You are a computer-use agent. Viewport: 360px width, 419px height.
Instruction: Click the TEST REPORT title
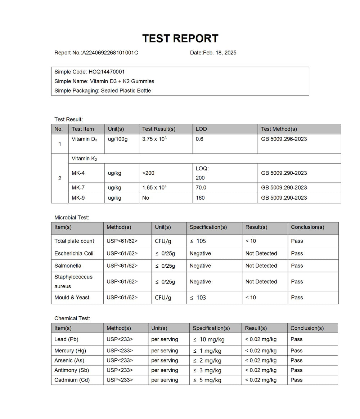pos(180,39)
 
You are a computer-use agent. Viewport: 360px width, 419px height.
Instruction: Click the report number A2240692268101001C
pos(110,53)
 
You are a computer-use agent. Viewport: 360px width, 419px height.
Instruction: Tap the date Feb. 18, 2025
pos(220,53)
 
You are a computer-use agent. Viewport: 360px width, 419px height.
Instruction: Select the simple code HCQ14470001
pos(107,72)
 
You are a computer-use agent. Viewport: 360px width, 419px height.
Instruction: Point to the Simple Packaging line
pos(103,90)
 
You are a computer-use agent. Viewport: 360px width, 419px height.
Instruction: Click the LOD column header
pos(201,129)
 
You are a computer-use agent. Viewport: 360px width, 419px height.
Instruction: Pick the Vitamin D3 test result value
pos(154,139)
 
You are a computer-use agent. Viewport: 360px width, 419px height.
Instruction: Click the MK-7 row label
pos(78,188)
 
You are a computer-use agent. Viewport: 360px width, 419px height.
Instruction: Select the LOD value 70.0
pos(201,188)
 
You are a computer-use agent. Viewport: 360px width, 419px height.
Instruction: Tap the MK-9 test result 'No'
pos(146,198)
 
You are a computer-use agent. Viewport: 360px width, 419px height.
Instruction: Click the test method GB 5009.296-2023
pos(284,139)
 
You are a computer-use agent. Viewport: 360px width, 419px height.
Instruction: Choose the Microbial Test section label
pos(72,218)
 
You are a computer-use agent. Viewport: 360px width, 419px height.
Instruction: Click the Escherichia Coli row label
pos(74,254)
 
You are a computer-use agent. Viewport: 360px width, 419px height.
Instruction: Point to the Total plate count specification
pos(198,241)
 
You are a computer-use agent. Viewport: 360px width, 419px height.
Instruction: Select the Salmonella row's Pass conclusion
pos(297,266)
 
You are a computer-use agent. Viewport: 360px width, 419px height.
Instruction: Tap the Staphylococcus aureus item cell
pos(73,281)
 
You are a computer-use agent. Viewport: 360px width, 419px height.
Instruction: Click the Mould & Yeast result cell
pos(251,298)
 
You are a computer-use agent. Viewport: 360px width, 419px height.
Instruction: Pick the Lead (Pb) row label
pos(66,339)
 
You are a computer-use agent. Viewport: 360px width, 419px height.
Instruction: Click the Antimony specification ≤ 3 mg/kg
pos(207,370)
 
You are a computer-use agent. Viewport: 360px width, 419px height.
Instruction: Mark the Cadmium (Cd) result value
pos(261,380)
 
